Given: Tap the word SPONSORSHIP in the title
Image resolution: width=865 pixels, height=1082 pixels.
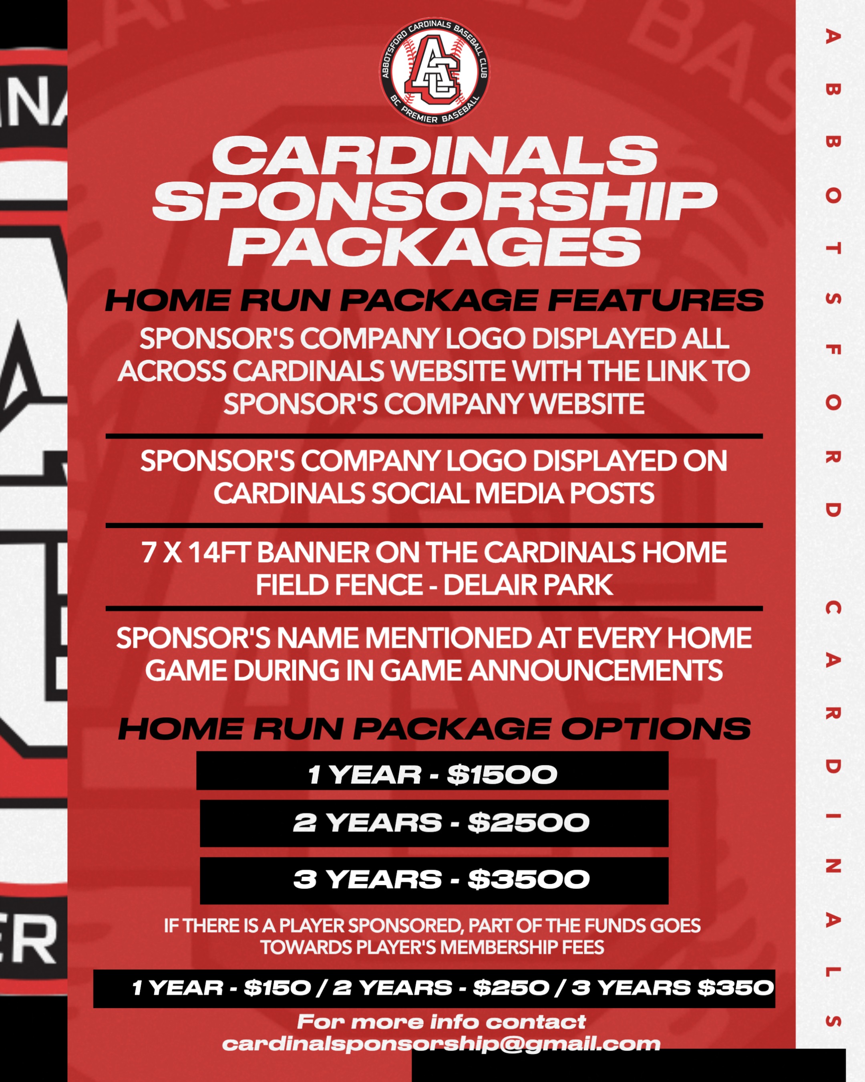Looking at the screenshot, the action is (434, 201).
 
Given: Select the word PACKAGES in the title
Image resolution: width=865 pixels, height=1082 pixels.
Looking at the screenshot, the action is (434, 246).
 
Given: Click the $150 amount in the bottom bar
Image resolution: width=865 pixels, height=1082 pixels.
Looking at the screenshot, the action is (277, 988).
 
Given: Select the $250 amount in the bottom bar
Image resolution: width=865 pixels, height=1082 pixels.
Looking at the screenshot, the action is (511, 988).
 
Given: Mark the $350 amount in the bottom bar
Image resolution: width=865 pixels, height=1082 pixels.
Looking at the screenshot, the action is (736, 988).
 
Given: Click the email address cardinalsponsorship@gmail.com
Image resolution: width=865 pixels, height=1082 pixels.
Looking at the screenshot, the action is (441, 1044).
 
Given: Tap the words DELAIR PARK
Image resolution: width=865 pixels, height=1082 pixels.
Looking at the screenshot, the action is (528, 585).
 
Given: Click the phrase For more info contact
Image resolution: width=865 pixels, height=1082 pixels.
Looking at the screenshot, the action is (441, 1022).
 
